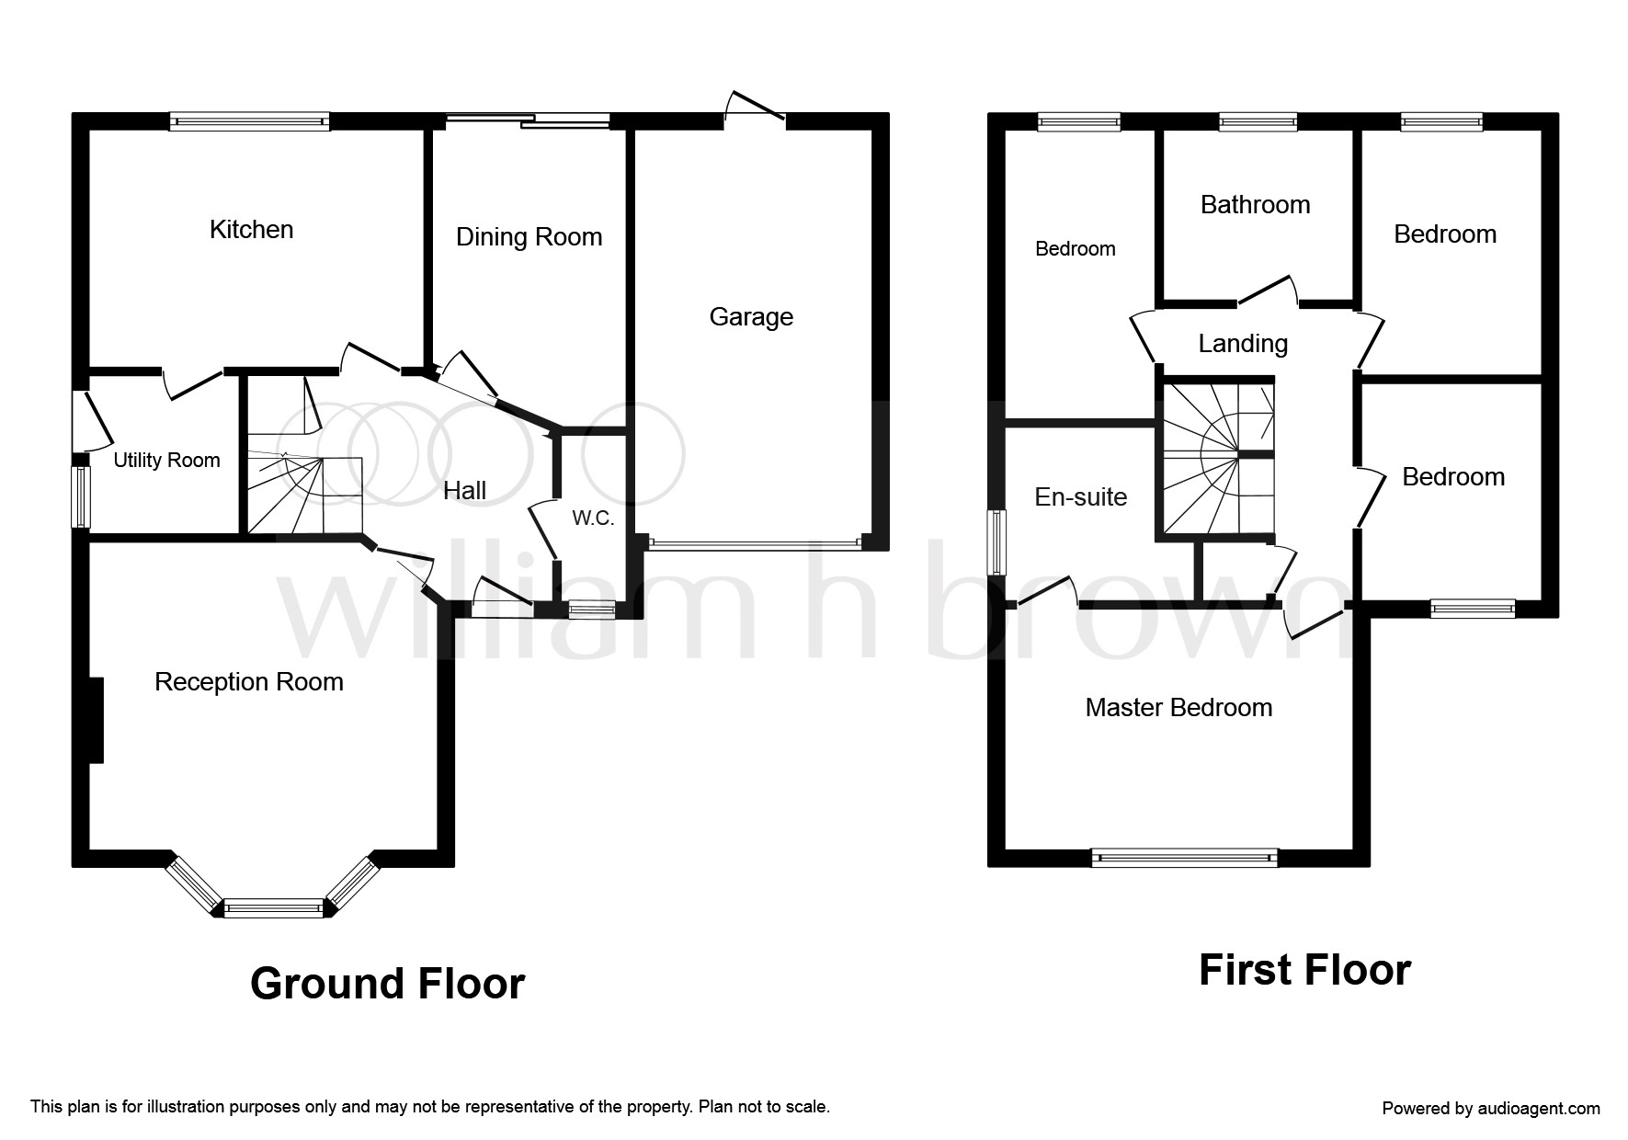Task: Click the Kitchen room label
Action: point(251,230)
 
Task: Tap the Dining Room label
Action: point(529,237)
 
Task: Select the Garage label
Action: point(751,317)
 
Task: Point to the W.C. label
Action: point(593,519)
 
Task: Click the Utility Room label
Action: point(166,461)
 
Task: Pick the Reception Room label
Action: point(249,682)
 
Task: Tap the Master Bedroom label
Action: point(1178,708)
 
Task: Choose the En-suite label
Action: point(1080,497)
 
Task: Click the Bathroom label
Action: point(1255,205)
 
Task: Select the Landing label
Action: point(1243,345)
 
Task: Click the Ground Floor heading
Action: point(387,984)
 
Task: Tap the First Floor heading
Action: point(1304,970)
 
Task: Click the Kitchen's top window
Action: point(249,121)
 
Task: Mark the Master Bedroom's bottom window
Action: point(1184,858)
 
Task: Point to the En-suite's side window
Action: point(996,543)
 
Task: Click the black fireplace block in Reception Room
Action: point(96,720)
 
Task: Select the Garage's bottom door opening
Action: point(756,543)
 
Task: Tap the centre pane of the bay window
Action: point(274,908)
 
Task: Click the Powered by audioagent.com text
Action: point(1491,1109)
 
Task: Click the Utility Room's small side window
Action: point(81,496)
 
